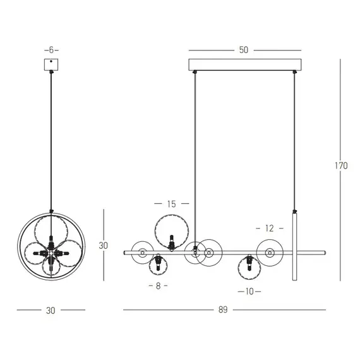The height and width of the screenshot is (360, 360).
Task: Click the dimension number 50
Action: tap(244, 50)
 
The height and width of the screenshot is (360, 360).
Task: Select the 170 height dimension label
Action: tap(341, 165)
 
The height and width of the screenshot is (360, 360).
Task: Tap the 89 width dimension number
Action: tap(223, 309)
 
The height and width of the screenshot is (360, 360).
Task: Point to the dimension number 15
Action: tap(172, 204)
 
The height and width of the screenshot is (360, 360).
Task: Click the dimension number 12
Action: tap(270, 228)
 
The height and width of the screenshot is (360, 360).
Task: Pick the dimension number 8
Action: tap(158, 286)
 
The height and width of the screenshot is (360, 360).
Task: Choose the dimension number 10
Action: tap(249, 291)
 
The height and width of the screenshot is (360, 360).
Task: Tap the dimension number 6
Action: tap(51, 50)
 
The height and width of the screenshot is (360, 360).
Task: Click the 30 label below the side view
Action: tap(51, 310)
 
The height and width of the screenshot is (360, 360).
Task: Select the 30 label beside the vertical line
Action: tap(104, 246)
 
